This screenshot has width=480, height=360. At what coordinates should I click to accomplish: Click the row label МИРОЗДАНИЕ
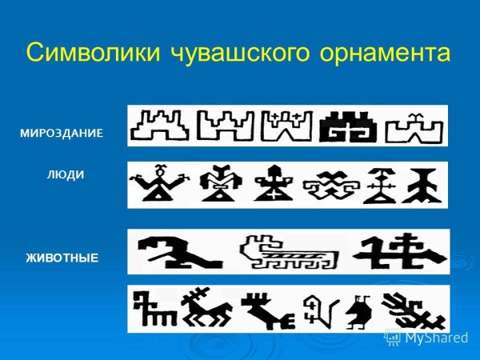(x=62, y=132)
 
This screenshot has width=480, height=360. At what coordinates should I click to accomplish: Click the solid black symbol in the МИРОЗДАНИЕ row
(x=348, y=126)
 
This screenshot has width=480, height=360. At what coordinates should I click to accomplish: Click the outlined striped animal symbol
(x=290, y=252)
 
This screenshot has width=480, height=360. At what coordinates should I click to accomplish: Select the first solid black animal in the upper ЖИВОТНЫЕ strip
(x=178, y=251)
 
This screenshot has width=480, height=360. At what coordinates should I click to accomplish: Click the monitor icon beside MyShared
(x=393, y=338)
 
